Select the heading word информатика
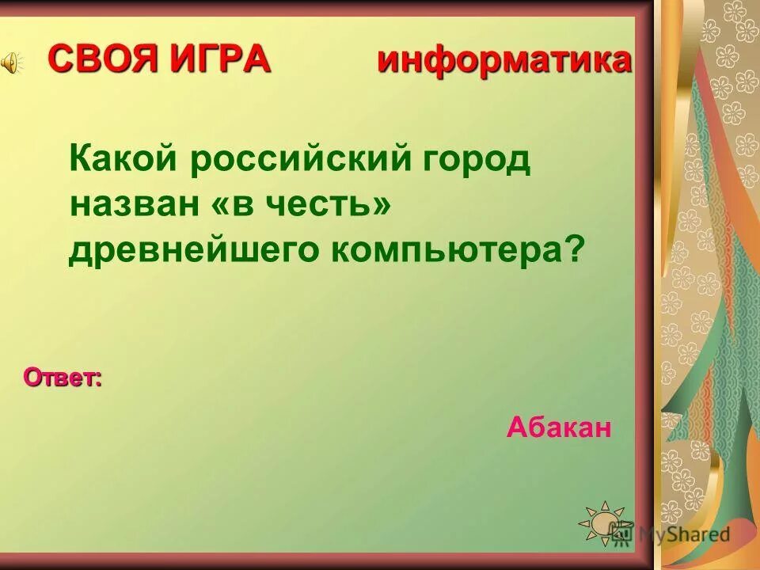pos(504,60)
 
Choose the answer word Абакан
pos(559,428)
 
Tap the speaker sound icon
pos(9,64)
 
